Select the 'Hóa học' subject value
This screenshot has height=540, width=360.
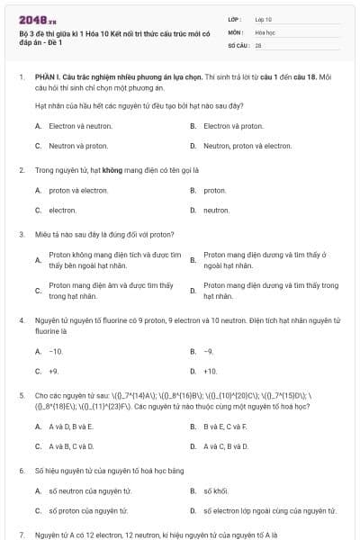pyautogui.click(x=265, y=31)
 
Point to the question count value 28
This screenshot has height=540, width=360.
pyautogui.click(x=258, y=44)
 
